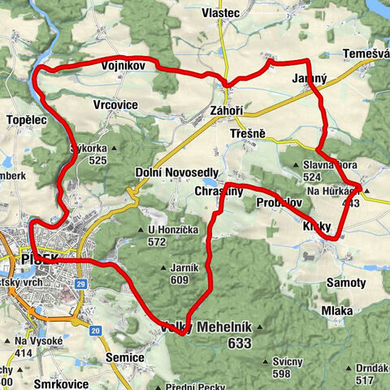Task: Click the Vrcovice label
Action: coord(115,106)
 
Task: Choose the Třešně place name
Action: coord(246,132)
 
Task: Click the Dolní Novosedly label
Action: coord(176,172)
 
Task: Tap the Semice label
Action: coord(125,357)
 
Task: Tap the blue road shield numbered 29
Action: coord(81,283)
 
